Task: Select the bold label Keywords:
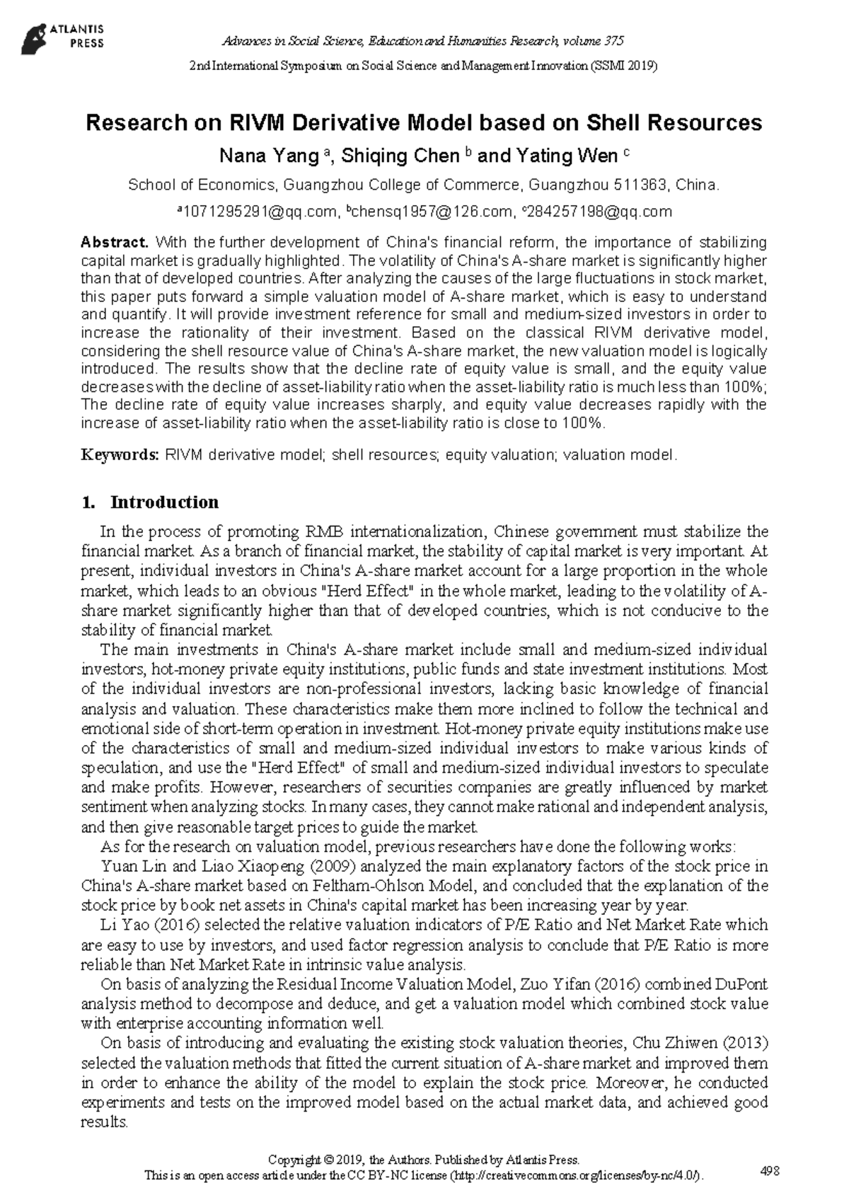[120, 454]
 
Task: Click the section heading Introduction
[164, 502]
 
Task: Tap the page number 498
[769, 1171]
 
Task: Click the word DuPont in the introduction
[741, 983]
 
